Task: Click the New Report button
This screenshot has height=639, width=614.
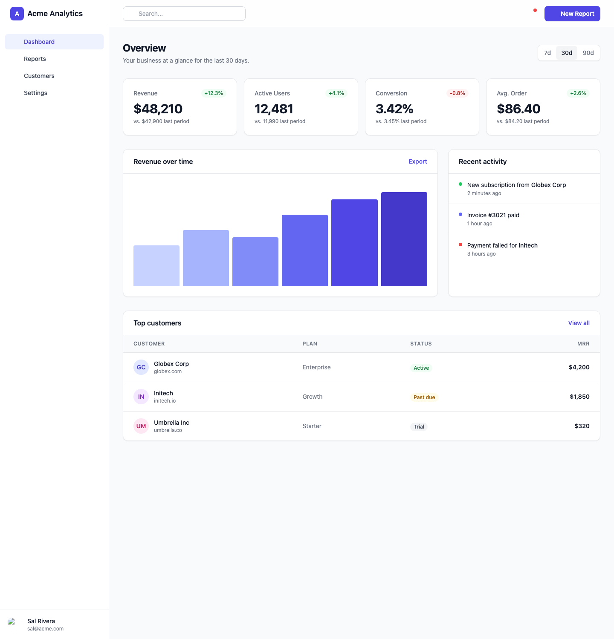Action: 572,14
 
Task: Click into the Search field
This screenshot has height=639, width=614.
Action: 184,14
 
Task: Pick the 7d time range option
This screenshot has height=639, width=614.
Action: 547,53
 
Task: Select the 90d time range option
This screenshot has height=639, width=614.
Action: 588,53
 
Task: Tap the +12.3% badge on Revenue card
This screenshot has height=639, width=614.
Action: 214,93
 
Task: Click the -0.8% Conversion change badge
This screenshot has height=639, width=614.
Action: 458,93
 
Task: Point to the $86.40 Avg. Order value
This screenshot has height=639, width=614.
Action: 518,109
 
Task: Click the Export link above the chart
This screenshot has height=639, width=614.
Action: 418,161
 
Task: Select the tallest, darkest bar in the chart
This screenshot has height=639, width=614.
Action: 404,239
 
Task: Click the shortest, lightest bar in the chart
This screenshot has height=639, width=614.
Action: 156,266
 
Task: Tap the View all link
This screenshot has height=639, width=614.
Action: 579,323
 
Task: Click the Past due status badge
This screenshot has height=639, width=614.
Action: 424,397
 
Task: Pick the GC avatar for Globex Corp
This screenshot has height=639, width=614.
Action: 141,367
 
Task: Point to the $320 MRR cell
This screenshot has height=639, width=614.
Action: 582,426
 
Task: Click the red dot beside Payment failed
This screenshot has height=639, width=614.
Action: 460,245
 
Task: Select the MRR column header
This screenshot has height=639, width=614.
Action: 583,344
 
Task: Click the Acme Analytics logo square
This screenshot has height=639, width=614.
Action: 17,14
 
